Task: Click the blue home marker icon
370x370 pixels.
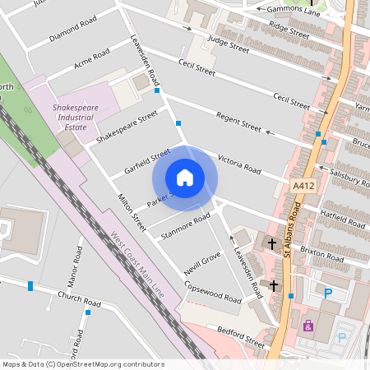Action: [x=185, y=178]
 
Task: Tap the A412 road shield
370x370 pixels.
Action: [x=303, y=187]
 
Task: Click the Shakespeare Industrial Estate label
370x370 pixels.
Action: [x=76, y=118]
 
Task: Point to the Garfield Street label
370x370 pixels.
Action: [x=146, y=160]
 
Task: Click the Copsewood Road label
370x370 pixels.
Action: [x=213, y=292]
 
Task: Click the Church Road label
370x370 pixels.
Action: [x=78, y=298]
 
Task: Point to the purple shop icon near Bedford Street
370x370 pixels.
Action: [x=308, y=326]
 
